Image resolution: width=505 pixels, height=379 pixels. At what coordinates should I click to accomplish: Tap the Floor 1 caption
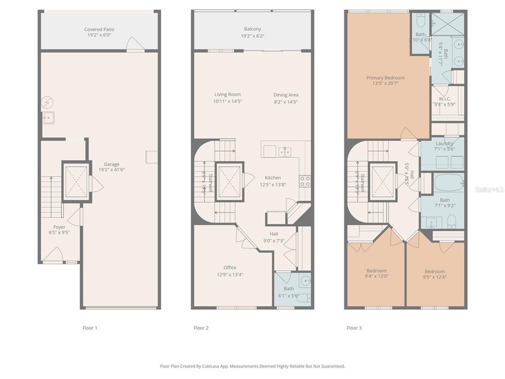(90, 328)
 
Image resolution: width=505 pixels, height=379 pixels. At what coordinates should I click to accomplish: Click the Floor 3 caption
(354, 328)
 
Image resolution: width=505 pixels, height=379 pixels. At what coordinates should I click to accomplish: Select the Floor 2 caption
(201, 328)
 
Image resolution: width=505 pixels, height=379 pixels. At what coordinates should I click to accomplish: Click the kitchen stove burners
(305, 182)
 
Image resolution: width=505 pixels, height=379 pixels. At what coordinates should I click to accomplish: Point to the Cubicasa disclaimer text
(252, 366)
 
